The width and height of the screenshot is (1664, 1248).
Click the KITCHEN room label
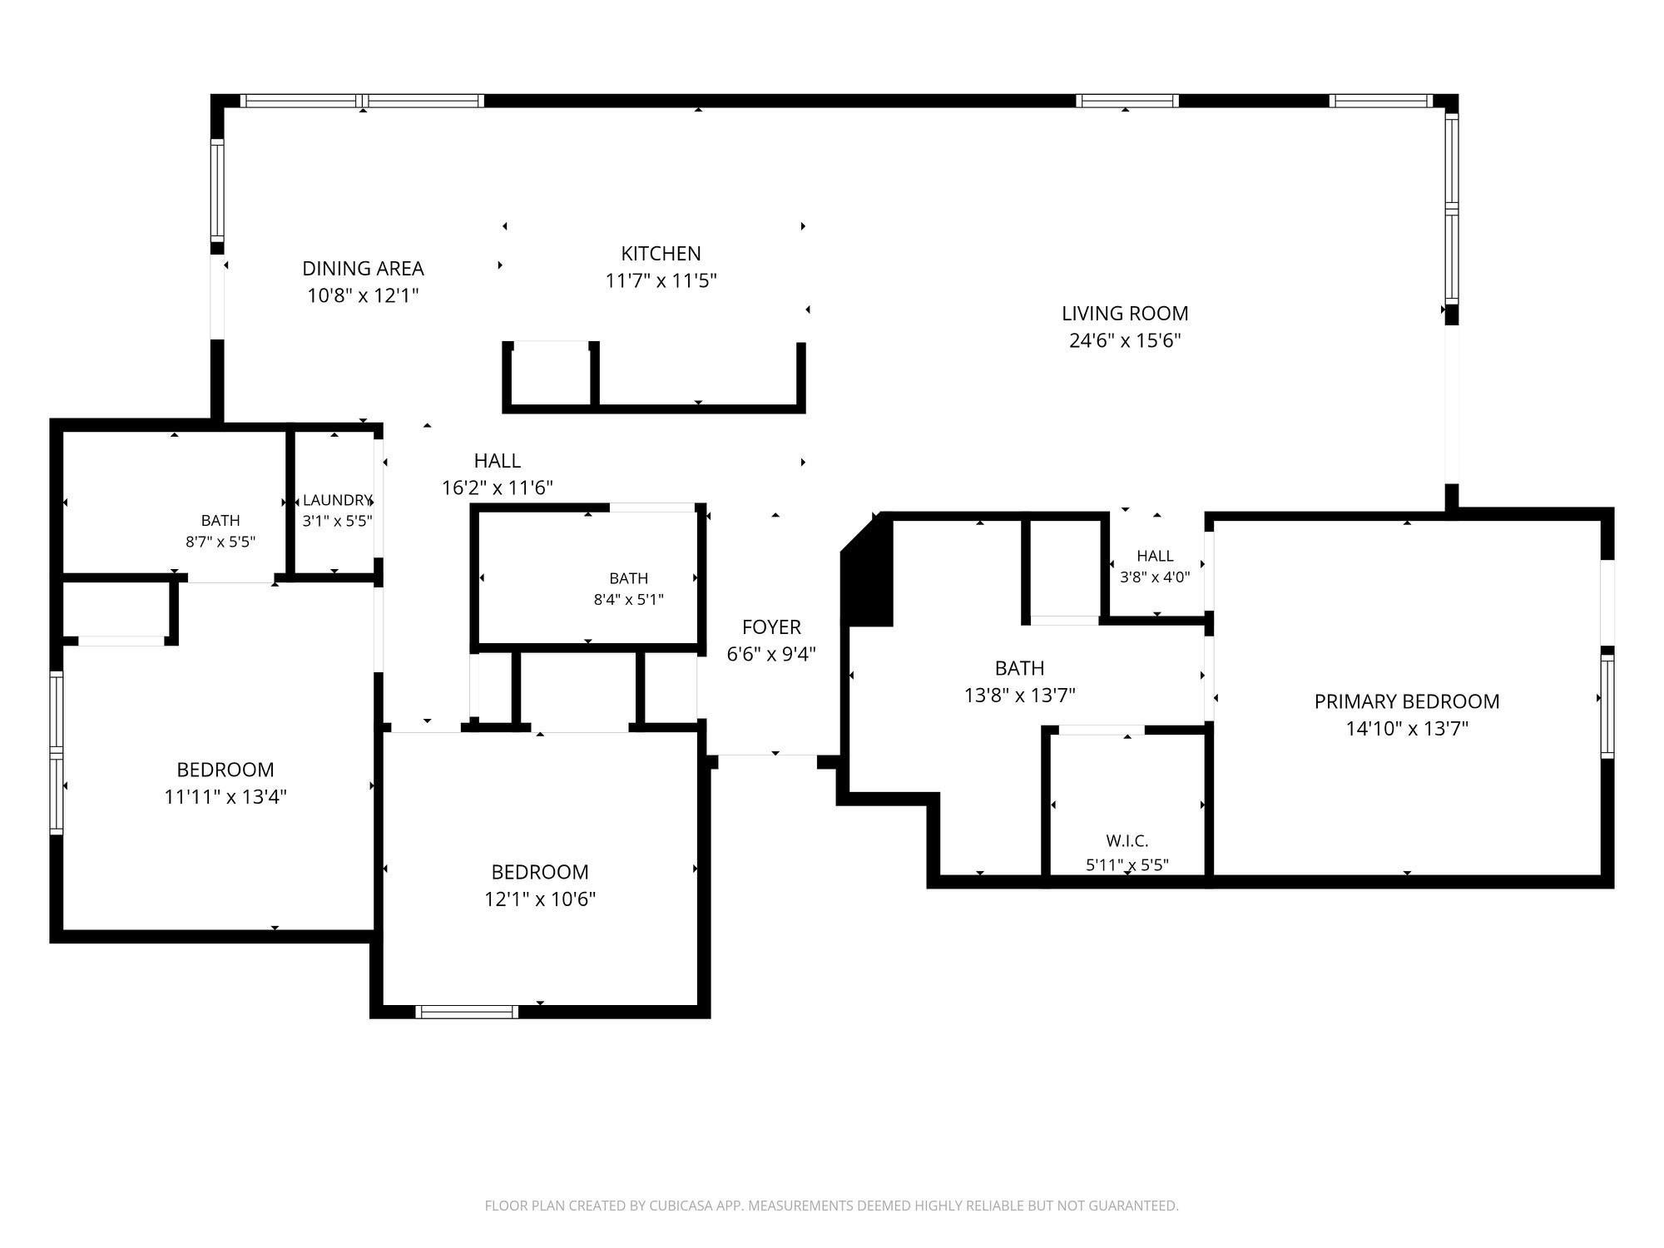661,254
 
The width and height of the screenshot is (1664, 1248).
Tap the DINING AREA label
363,269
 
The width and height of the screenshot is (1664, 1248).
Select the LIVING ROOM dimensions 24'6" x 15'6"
1125,340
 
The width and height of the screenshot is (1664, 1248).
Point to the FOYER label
771,627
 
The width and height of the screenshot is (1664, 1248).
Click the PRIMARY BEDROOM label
1407,701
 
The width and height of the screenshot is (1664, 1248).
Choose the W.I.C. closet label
1127,841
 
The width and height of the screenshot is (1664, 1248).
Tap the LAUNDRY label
337,500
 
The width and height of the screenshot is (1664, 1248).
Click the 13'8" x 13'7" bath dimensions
1020,695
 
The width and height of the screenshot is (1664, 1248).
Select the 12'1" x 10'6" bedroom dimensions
540,899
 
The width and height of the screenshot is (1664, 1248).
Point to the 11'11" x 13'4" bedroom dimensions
225,797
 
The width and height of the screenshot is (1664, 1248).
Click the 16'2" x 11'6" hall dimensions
498,488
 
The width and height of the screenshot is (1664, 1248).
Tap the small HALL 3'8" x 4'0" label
1155,567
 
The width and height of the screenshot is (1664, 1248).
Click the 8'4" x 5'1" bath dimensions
628,599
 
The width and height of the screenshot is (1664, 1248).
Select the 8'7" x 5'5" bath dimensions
220,542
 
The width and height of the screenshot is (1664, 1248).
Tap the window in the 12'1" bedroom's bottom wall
467,1012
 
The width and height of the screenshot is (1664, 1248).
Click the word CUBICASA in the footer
673,1206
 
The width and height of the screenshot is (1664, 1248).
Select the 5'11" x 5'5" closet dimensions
1127,865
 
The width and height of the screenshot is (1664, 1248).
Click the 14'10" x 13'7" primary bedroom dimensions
1407,729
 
